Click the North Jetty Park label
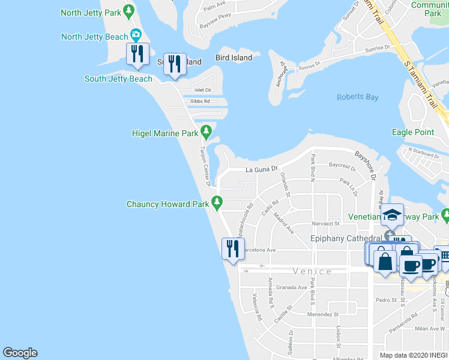(x=91, y=12)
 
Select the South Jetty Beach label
(x=118, y=79)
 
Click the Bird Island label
(x=234, y=58)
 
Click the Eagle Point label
(x=412, y=132)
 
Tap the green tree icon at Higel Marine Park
(x=206, y=130)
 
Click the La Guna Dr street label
(x=263, y=170)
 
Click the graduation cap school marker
(x=392, y=214)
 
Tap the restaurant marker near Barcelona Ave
(x=232, y=248)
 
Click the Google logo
(x=20, y=353)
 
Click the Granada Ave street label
(x=292, y=287)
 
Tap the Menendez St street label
(x=323, y=314)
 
